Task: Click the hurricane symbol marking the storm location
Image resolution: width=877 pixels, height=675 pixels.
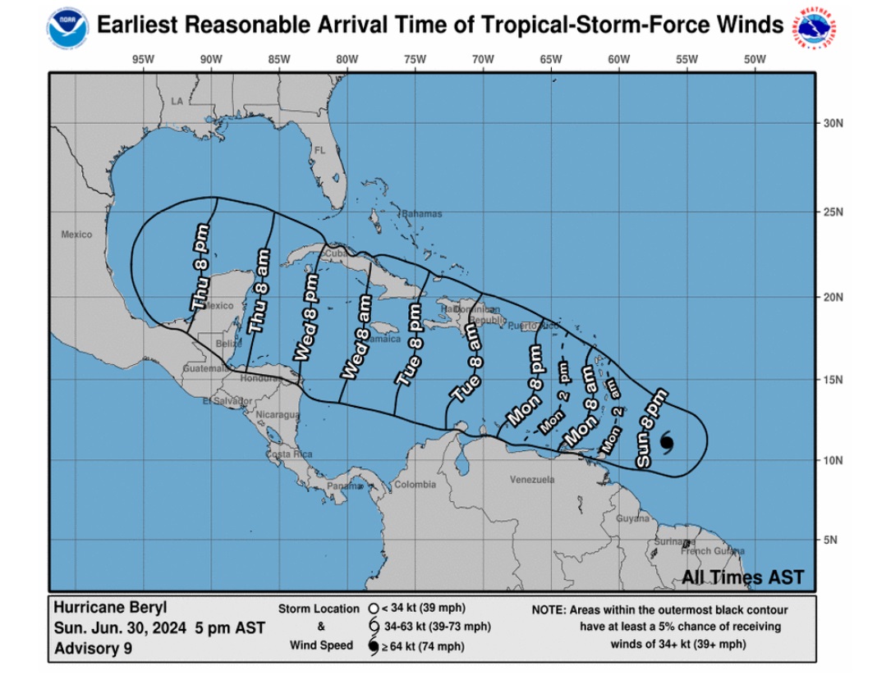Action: [x=666, y=443]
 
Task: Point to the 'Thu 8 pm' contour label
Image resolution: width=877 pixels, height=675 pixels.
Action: [x=203, y=270]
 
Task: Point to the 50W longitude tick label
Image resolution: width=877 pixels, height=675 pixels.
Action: [x=754, y=59]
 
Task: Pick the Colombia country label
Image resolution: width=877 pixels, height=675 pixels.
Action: [x=415, y=485]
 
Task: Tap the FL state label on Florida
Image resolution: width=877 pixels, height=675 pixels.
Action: [x=320, y=151]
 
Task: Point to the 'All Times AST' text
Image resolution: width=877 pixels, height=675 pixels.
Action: [x=742, y=577]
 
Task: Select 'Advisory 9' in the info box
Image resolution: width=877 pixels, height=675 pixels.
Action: [x=92, y=649]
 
